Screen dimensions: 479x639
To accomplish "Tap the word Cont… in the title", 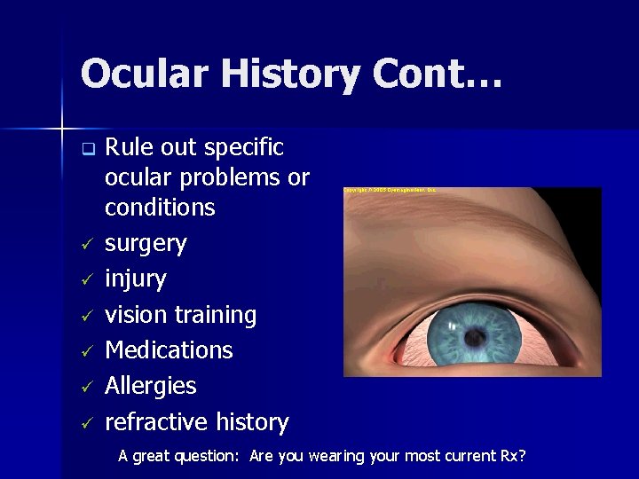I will click(438, 75).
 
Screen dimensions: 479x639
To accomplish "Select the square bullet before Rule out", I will click(87, 147).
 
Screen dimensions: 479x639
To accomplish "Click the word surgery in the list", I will click(146, 244).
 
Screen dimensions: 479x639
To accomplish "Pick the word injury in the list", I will click(135, 279).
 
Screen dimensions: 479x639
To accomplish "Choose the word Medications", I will click(169, 350).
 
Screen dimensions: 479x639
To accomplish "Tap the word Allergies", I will click(151, 386).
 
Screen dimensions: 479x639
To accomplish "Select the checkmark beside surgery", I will click(87, 244).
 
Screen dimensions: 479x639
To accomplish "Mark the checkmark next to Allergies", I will click(87, 387).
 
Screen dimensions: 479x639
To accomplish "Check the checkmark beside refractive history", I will click(87, 422).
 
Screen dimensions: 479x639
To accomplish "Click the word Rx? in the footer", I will click(511, 456).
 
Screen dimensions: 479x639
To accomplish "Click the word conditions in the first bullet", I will click(160, 208).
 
